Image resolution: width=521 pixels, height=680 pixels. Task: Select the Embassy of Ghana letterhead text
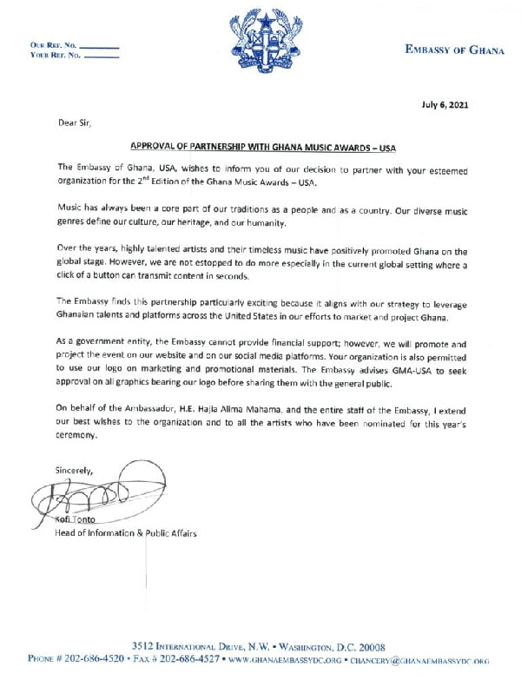[454, 50]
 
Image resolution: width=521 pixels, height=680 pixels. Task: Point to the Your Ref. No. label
[55, 55]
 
